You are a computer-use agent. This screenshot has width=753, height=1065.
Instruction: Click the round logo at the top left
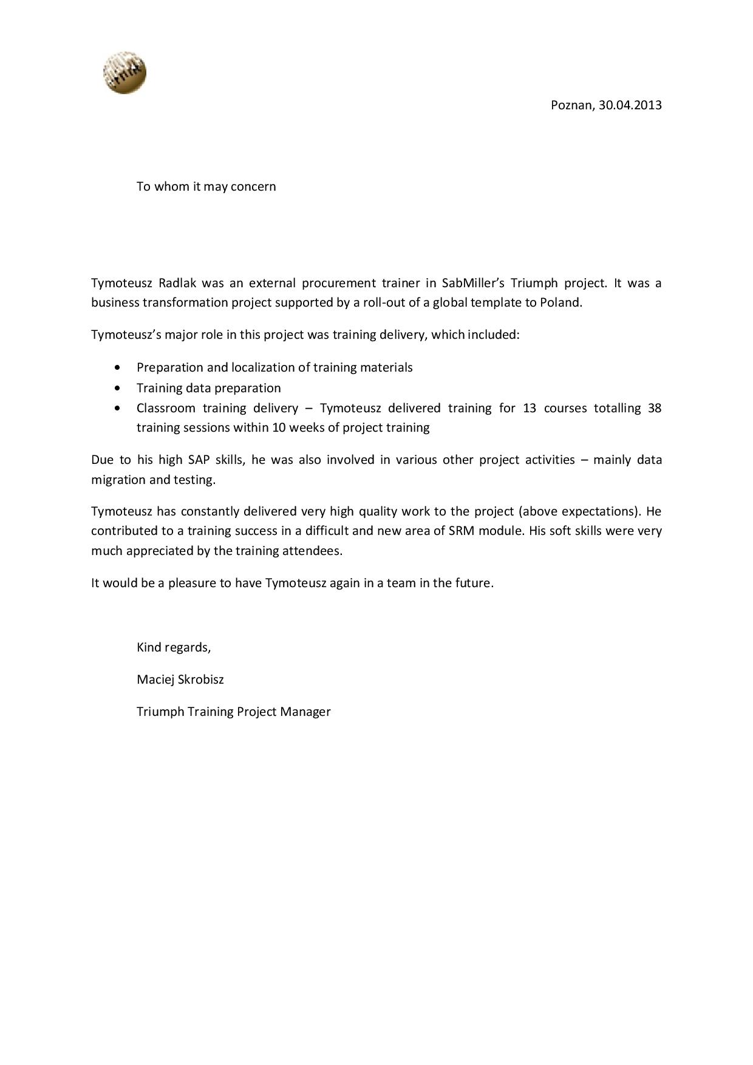tap(124, 73)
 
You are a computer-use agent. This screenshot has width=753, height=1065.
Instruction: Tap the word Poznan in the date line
tap(571, 105)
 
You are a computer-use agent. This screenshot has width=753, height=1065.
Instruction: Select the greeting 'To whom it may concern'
tap(206, 186)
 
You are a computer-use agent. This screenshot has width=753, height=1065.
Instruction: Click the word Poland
tap(560, 302)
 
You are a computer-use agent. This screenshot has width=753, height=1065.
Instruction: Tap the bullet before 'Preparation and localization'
tap(117, 368)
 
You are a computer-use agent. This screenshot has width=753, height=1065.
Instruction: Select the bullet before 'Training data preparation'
tap(117, 388)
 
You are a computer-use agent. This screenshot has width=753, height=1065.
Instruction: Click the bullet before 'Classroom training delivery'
tap(117, 408)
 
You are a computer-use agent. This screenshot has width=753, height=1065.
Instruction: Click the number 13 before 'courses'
tap(529, 408)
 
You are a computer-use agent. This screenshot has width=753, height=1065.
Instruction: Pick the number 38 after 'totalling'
tap(654, 408)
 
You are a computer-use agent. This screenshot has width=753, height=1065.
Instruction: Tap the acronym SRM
tap(462, 531)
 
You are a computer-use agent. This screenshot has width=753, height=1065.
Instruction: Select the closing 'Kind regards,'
tap(174, 647)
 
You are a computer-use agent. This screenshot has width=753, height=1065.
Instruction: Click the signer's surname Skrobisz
tap(200, 679)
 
